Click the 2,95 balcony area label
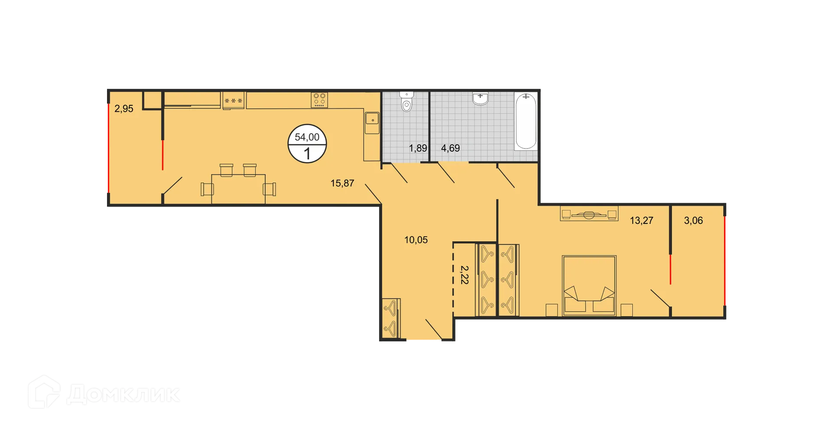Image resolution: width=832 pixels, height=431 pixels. [x=123, y=109]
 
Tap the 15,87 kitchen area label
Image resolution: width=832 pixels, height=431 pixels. [x=342, y=183]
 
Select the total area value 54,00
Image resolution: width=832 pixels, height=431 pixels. [x=307, y=137]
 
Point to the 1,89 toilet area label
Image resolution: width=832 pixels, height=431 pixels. [x=418, y=148]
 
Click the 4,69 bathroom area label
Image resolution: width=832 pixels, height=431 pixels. [x=450, y=148]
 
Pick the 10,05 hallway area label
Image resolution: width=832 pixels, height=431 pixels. [x=416, y=240]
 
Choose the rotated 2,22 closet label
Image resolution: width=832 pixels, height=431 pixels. [x=464, y=275]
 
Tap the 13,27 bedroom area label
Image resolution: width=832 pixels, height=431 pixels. [x=641, y=220]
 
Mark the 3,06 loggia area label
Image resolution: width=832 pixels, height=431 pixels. [x=693, y=220]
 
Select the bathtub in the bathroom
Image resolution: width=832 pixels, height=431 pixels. [x=526, y=121]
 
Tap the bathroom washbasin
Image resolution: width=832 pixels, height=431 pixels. [x=480, y=99]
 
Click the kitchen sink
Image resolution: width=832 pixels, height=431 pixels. [x=372, y=118]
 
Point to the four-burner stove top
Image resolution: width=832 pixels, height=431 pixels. [x=319, y=100]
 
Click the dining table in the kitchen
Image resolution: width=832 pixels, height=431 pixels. [x=238, y=188]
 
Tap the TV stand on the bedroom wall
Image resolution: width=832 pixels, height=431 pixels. [x=589, y=214]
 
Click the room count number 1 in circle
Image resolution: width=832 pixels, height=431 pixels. [x=307, y=154]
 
